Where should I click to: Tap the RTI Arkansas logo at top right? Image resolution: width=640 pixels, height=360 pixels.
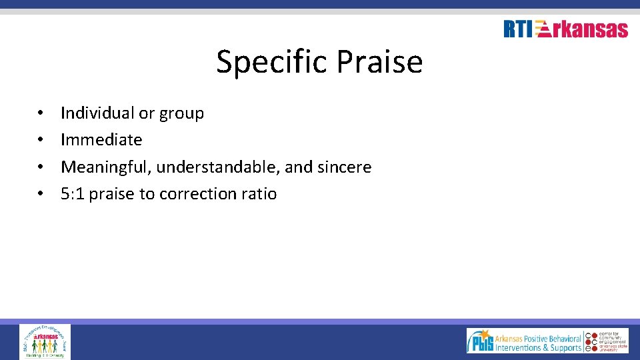click(x=565, y=29)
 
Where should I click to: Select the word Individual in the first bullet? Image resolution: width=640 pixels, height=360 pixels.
click(x=97, y=113)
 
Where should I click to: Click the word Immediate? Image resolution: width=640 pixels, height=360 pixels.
click(x=101, y=140)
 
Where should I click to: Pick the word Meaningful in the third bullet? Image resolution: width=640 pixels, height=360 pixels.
click(x=106, y=167)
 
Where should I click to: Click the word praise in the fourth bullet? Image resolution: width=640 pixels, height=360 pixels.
click(x=112, y=195)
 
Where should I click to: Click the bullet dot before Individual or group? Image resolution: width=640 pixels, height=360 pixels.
click(x=41, y=113)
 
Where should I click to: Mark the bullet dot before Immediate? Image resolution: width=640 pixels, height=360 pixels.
click(x=41, y=140)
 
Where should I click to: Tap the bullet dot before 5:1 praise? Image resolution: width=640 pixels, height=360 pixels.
click(x=41, y=194)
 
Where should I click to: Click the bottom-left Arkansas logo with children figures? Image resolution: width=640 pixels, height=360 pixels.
click(x=45, y=341)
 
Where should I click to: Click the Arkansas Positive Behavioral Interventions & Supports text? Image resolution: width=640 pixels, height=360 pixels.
click(x=537, y=341)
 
